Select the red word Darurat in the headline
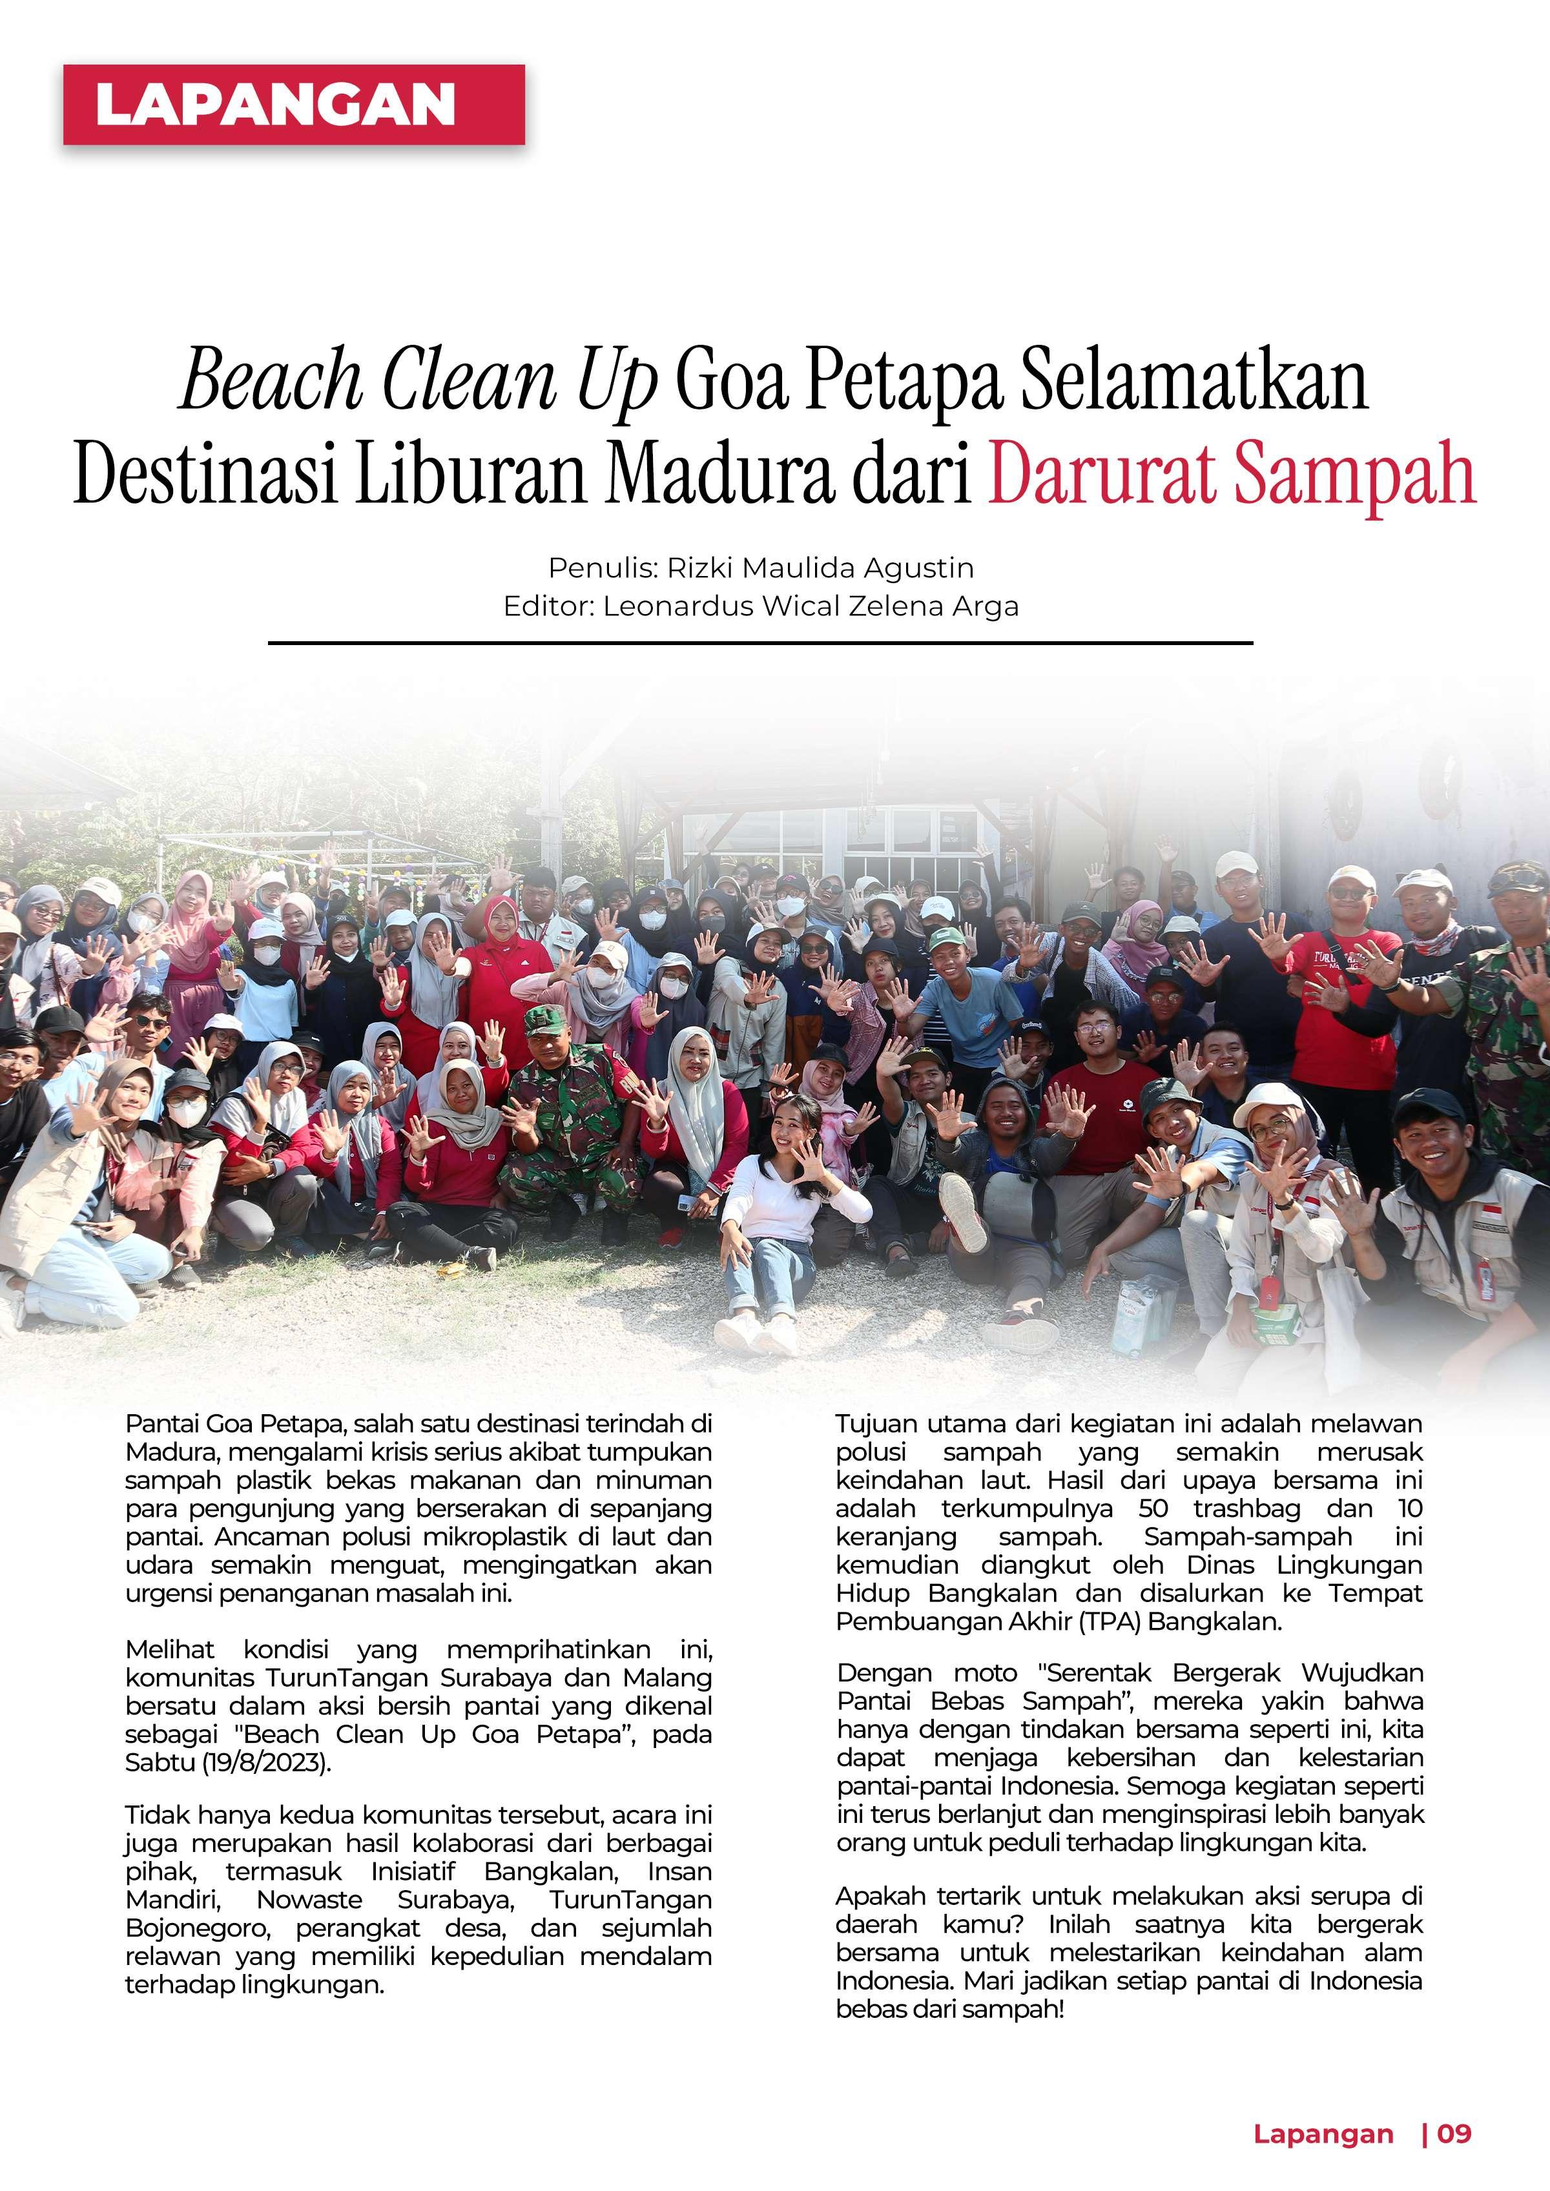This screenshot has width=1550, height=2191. [1101, 473]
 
